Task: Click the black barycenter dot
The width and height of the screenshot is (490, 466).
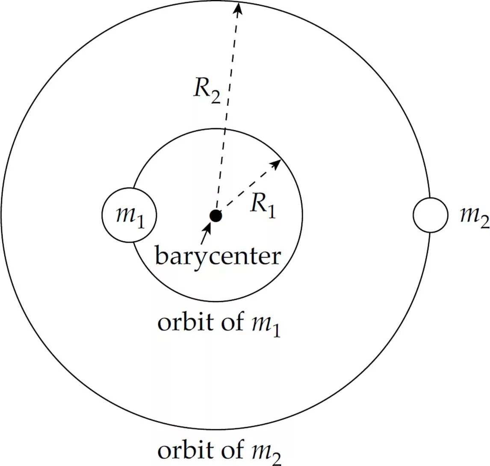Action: coord(216,216)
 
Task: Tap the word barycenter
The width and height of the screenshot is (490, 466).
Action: coord(218,257)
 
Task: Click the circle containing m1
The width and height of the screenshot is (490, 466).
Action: coord(129,215)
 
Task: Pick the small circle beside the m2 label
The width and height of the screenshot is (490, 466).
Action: coord(430,215)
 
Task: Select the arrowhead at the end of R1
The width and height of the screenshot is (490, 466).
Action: coord(276,164)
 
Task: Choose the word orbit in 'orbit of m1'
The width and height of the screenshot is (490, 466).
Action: coord(179,322)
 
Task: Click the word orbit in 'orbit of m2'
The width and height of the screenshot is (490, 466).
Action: coord(179,451)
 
